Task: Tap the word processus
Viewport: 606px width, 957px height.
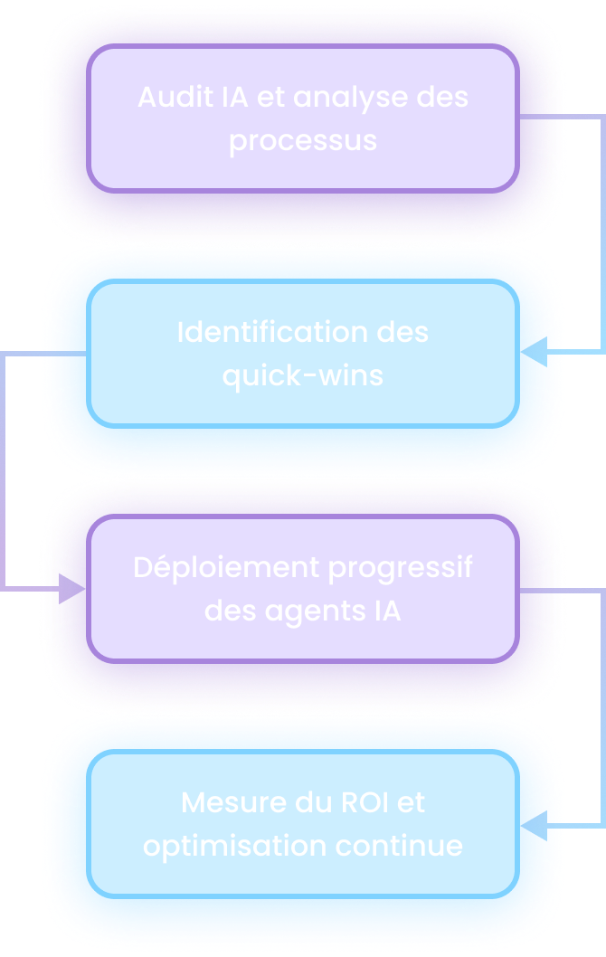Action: click(303, 142)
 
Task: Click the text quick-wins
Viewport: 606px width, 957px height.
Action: click(303, 376)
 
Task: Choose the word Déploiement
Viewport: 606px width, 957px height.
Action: click(226, 568)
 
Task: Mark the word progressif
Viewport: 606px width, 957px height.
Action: click(400, 569)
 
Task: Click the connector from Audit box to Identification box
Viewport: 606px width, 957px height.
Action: click(601, 233)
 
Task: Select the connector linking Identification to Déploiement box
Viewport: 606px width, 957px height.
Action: click(5, 470)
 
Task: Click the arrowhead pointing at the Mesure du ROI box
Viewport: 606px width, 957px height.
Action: click(532, 825)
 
